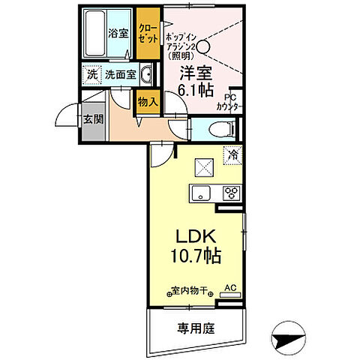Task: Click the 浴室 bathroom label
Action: click(118, 34)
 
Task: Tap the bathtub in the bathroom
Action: click(94, 34)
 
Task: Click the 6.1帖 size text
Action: click(196, 88)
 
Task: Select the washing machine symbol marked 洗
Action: click(91, 74)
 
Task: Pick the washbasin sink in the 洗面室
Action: click(148, 74)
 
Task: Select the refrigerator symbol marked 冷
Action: click(232, 155)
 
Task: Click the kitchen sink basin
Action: click(201, 193)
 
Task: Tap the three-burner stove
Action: click(232, 193)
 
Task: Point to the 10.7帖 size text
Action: click(196, 257)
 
